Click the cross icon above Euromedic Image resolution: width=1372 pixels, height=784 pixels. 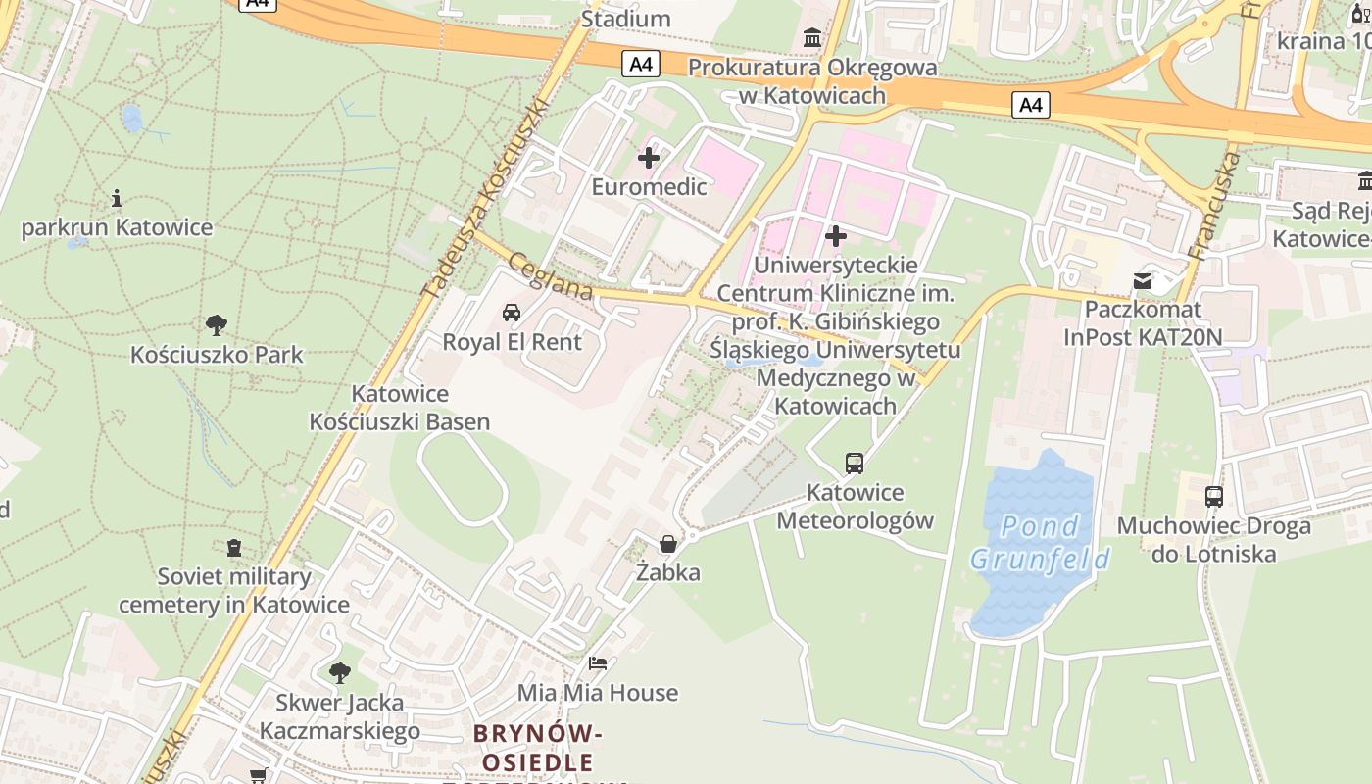point(648,157)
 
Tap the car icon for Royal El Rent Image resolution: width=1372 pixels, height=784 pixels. point(511,313)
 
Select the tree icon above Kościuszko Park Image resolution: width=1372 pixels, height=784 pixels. point(217,324)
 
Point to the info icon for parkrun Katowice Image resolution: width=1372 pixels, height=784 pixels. point(117,199)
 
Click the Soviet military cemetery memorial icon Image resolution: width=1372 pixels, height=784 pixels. point(233,547)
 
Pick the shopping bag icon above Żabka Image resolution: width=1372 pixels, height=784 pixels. point(667,543)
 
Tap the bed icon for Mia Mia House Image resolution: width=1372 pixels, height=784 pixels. point(597,663)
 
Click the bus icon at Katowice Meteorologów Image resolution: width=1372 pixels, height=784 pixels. point(855,463)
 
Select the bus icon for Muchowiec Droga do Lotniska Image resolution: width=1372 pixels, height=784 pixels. point(1213,497)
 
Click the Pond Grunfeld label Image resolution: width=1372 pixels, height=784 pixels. point(1040,543)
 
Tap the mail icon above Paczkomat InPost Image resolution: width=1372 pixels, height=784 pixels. point(1143,281)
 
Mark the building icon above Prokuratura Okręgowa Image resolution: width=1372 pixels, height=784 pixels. point(812,38)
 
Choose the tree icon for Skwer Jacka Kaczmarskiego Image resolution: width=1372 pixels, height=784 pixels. point(339,672)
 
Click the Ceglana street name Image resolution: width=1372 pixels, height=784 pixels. point(550,275)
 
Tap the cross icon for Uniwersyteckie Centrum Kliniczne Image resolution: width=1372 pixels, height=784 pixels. point(835,235)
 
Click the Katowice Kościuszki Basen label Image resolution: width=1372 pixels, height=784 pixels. point(400,408)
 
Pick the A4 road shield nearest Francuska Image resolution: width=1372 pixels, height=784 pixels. point(1031,104)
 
